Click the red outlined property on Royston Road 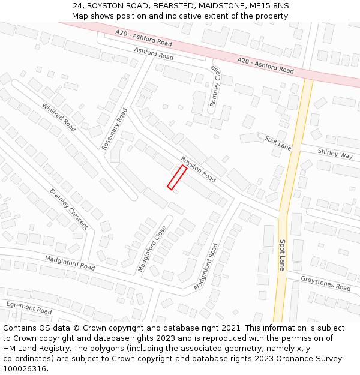pyautogui.click(x=176, y=178)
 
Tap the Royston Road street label pyautogui.click(x=198, y=170)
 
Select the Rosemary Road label pyautogui.click(x=115, y=128)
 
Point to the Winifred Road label pyautogui.click(x=59, y=118)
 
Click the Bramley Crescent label pyautogui.click(x=69, y=209)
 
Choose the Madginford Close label pyautogui.click(x=152, y=248)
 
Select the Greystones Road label pyautogui.click(x=325, y=283)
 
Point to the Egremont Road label pyautogui.click(x=29, y=308)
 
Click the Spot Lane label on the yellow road pyautogui.click(x=282, y=255)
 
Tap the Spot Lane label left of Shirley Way pyautogui.click(x=278, y=143)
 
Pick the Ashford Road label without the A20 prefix pyautogui.click(x=154, y=53)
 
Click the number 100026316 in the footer pyautogui.click(x=24, y=368)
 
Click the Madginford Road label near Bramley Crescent pyautogui.click(x=70, y=262)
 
